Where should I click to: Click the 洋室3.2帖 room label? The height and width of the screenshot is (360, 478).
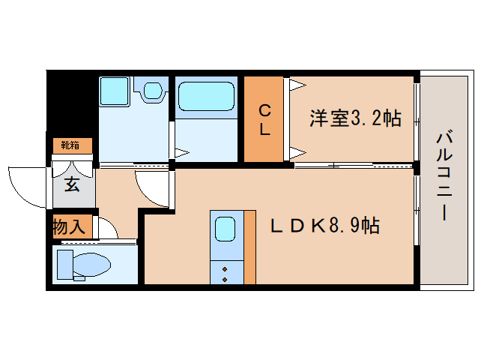pos(355,118)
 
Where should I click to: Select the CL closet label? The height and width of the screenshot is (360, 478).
pos(264,119)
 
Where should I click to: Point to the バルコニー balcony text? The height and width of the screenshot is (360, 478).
pos(445,176)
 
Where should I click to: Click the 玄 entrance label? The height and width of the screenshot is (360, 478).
pos(72,184)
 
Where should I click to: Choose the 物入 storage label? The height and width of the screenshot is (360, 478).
pos(68,226)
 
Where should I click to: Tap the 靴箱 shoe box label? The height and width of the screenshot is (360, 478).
pos(72,145)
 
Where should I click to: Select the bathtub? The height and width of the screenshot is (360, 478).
pos(208,97)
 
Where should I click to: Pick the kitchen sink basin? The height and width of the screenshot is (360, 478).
pos(226,227)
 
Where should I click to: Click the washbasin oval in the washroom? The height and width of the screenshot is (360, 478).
pos(154,91)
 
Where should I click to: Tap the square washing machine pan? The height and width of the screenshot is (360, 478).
pos(115,91)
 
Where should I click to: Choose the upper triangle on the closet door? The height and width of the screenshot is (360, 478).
pos(297,83)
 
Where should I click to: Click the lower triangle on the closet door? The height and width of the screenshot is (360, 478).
pos(297,153)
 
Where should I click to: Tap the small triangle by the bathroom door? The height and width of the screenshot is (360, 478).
pos(180,152)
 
